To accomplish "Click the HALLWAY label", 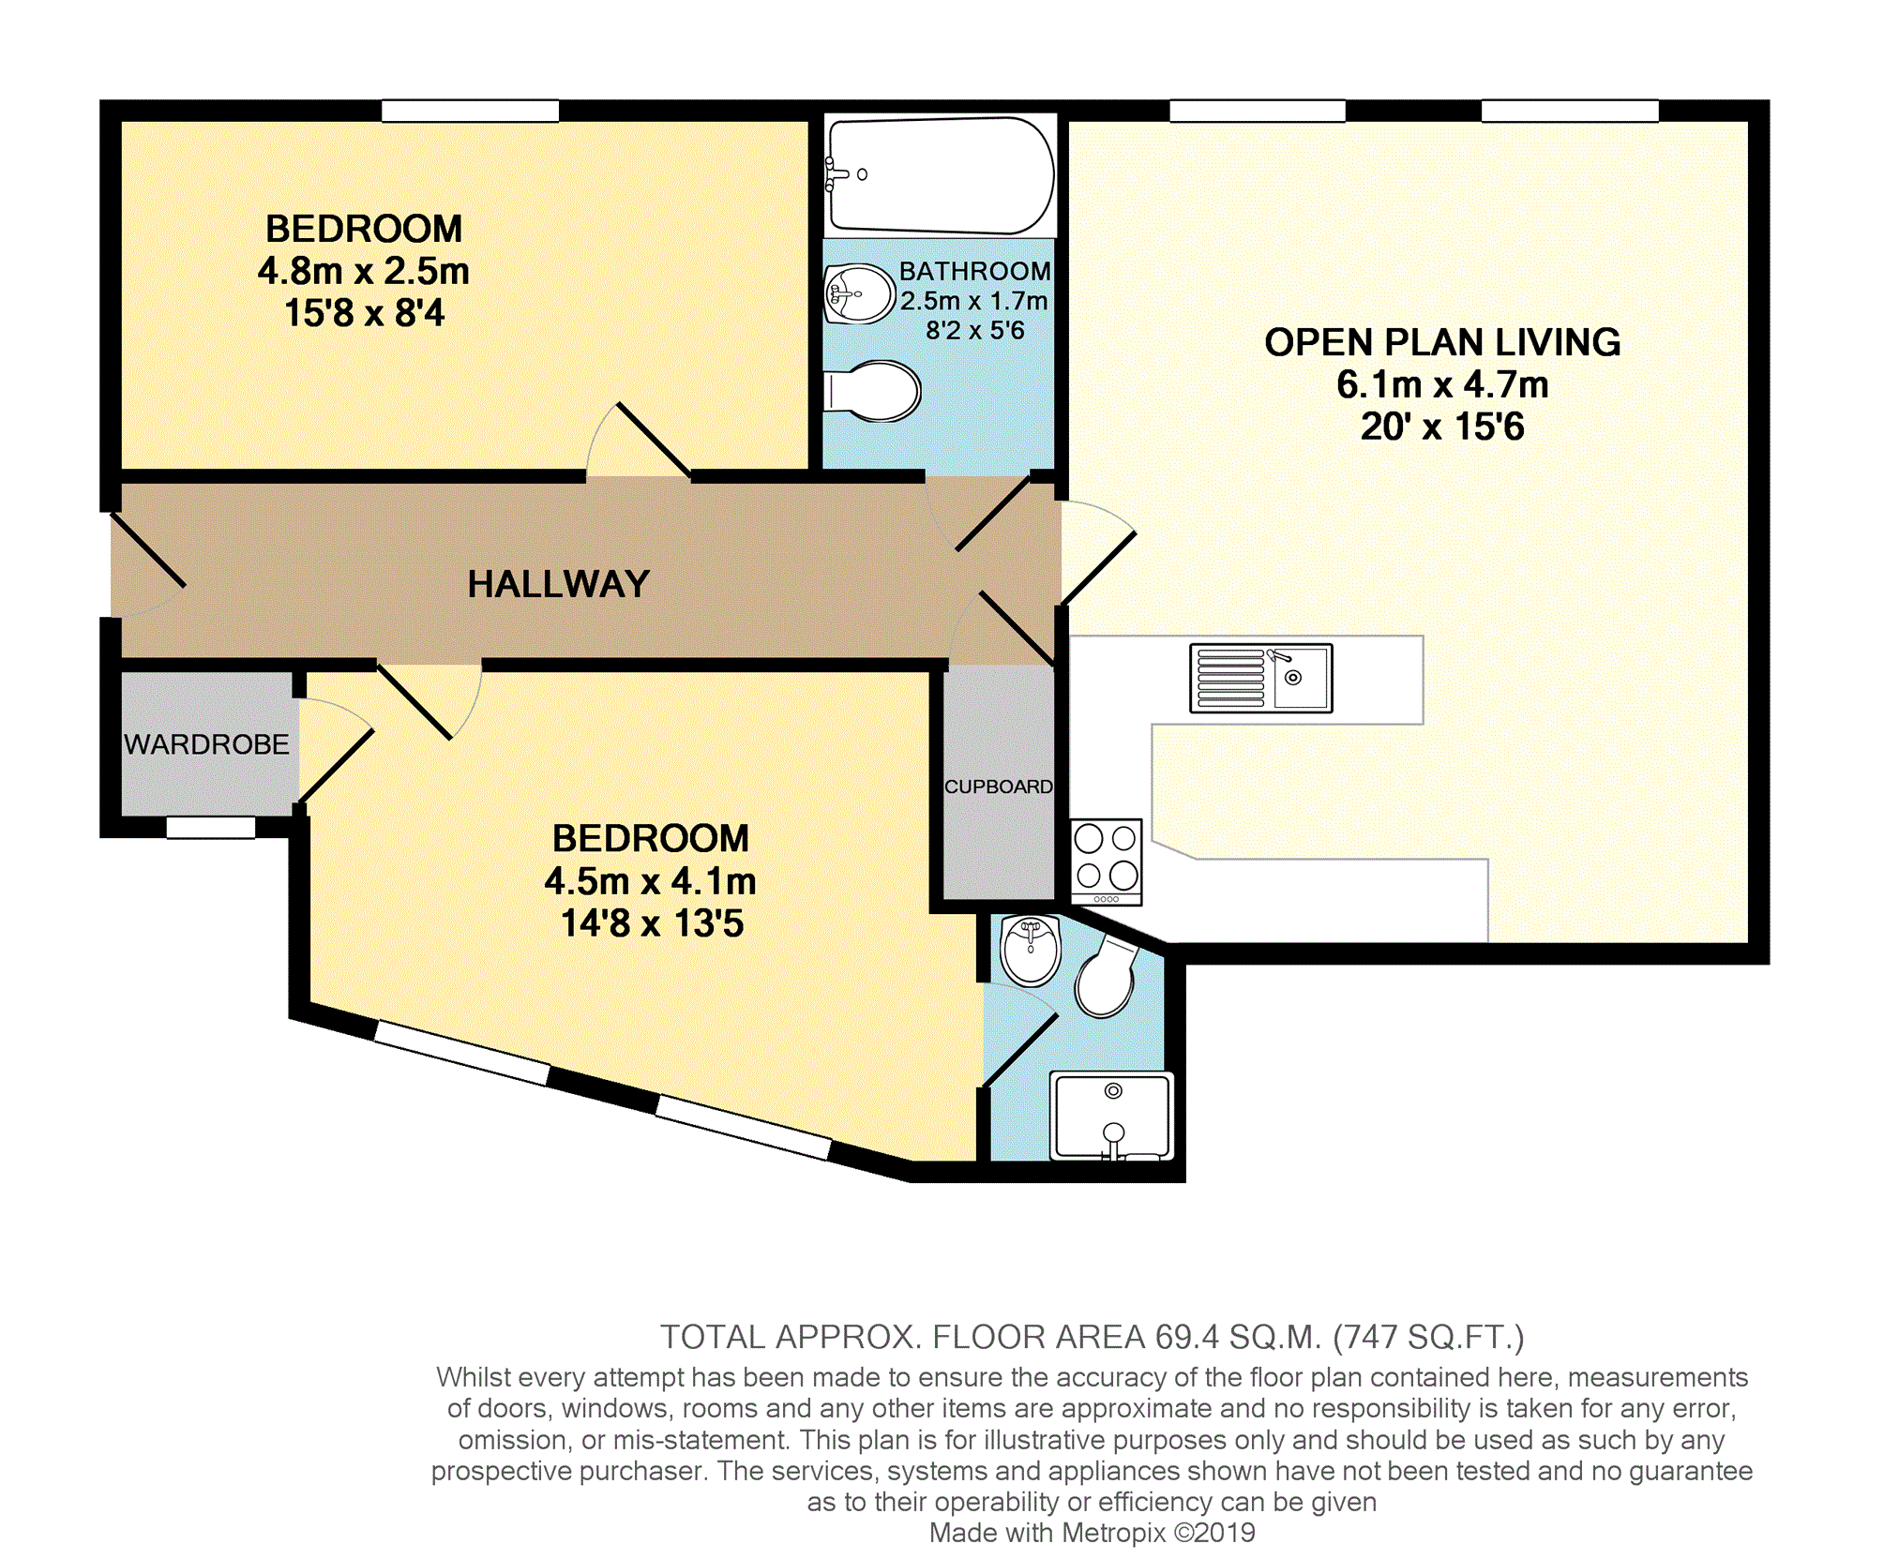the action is (558, 584).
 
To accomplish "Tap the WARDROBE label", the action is (206, 744).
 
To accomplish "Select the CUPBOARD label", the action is (998, 787).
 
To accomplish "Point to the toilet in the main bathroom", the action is (872, 391).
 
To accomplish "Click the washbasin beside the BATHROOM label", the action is (859, 293).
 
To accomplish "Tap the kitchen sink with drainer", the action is (1260, 678).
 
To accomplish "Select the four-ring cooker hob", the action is (1107, 862).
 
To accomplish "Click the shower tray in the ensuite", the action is (1112, 1117).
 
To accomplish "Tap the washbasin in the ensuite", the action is (1030, 950).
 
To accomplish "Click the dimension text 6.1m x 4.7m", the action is (1442, 384).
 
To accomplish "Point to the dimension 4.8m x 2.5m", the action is (363, 271).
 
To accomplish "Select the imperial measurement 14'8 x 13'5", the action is (652, 923).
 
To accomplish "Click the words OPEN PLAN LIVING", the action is (1442, 342).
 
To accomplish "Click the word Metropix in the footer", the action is (1114, 1533).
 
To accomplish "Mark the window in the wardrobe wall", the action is (211, 827).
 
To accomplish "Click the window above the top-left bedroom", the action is (470, 111).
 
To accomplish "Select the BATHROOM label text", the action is (975, 271).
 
